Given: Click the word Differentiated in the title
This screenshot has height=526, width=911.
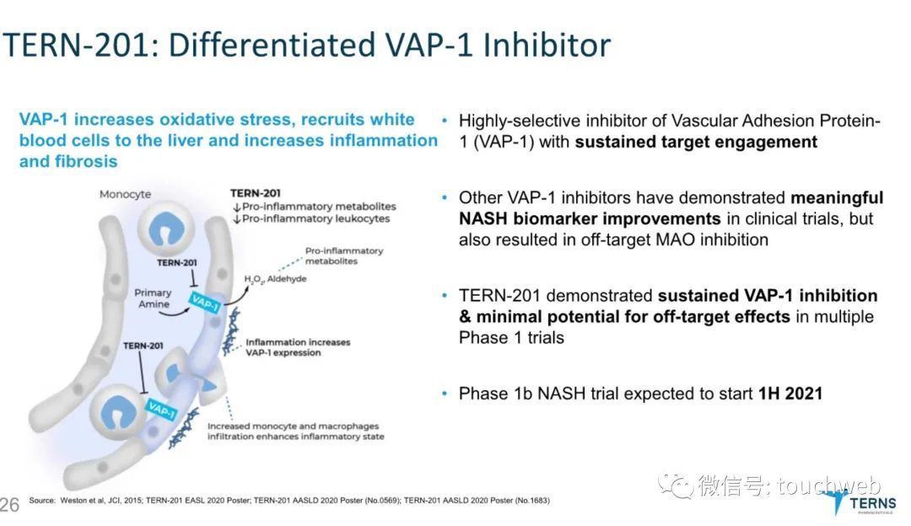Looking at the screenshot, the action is click(272, 45).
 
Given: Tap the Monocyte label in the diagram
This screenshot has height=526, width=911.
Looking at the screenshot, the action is click(125, 194).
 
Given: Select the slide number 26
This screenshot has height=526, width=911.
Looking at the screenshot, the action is click(9, 505).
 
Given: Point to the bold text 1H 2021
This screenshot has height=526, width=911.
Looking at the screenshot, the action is click(790, 393).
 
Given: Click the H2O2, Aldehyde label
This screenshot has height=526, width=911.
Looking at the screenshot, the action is click(275, 279).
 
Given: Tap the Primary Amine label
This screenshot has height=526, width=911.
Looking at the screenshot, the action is click(154, 298).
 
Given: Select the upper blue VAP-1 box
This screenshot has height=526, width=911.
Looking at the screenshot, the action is click(204, 302).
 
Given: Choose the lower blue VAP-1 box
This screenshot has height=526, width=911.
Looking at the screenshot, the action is click(161, 409).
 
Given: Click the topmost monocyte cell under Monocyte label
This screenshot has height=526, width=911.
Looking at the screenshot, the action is click(165, 229).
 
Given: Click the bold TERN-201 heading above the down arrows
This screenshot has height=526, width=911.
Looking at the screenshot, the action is click(255, 193).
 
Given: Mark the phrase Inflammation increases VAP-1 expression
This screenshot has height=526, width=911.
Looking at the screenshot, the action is click(298, 347).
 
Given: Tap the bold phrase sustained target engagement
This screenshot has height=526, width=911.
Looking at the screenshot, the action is click(696, 142).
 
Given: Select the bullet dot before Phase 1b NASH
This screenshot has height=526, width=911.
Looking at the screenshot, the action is click(445, 393).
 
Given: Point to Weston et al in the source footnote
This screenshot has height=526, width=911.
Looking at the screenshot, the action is click(81, 501).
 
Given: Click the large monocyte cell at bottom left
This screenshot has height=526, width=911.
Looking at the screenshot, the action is click(119, 412).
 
